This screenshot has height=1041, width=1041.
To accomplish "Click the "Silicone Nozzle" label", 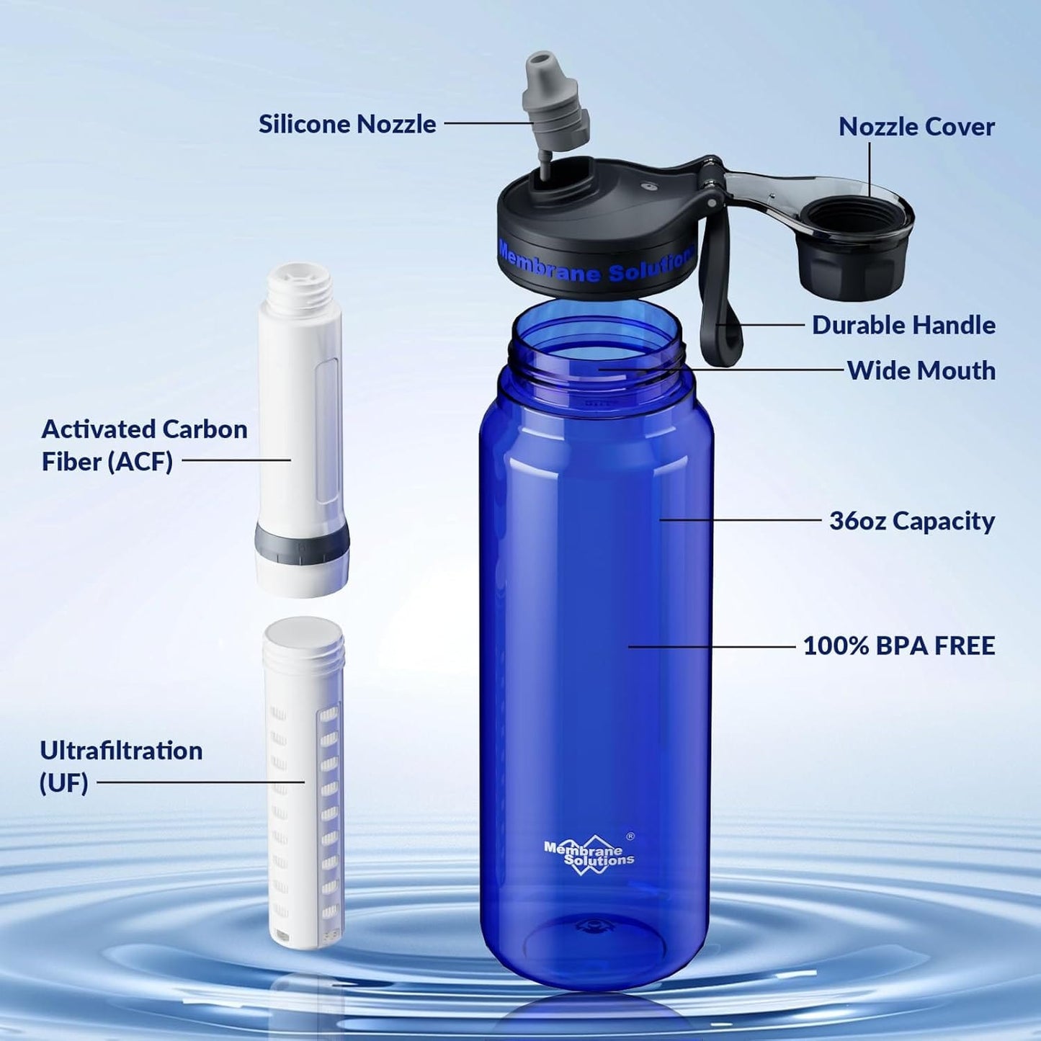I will [x=347, y=124].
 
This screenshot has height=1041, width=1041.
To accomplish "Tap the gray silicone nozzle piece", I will [x=555, y=102].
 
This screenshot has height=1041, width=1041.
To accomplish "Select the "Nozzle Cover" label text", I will [x=916, y=127].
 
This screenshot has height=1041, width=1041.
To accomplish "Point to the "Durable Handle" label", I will [x=903, y=325].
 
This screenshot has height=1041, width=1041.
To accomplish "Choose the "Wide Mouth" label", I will [x=921, y=370].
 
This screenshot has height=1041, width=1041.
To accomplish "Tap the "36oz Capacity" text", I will [x=911, y=521].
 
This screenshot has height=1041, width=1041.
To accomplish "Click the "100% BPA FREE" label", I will [x=898, y=645].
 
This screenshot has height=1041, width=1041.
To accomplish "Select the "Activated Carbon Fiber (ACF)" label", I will [x=144, y=445].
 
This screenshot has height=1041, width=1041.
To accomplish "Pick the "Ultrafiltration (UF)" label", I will [x=120, y=766].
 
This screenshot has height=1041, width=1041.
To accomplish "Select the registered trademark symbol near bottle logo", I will [x=630, y=836].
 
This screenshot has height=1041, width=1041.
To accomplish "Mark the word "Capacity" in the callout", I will [x=943, y=521].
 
